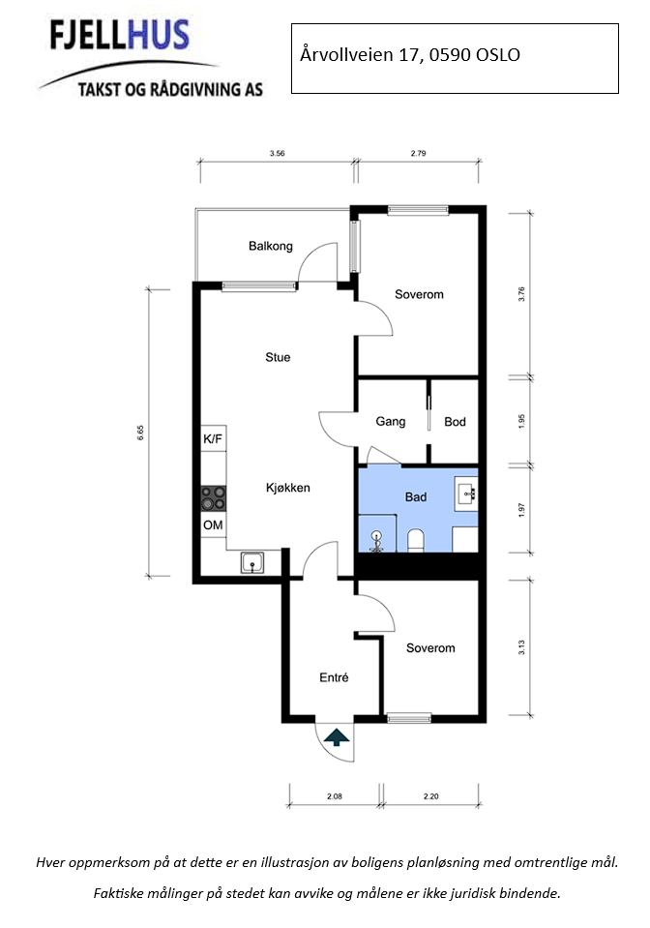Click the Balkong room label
[270, 246]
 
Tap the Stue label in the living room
[278, 357]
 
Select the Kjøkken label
[287, 488]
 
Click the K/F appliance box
[213, 439]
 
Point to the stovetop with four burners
[213, 498]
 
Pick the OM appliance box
[213, 525]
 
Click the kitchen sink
[254, 561]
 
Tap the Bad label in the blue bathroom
[416, 496]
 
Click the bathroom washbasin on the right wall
[468, 494]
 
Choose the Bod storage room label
[455, 422]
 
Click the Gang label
[390, 422]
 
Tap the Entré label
[334, 678]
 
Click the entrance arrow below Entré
[337, 739]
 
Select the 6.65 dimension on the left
[140, 433]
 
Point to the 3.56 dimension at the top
[277, 153]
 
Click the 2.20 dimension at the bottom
[430, 797]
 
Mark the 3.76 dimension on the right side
[521, 294]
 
